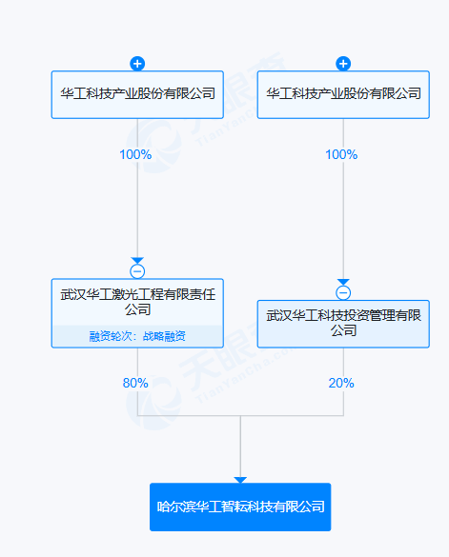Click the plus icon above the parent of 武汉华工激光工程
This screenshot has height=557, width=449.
tap(137, 64)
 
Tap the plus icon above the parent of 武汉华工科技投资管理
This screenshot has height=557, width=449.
tap(343, 64)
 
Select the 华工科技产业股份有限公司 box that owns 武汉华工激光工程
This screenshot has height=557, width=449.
tap(137, 94)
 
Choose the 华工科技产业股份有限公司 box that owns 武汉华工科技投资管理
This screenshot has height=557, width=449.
tap(343, 94)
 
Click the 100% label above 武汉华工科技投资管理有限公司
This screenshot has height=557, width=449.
tap(341, 154)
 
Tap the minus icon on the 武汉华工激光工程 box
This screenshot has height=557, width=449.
tap(137, 271)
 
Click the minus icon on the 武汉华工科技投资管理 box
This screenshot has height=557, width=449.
tap(343, 293)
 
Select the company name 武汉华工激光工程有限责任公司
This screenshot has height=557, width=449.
tap(137, 302)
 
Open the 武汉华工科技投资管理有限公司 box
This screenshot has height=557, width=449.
tap(343, 323)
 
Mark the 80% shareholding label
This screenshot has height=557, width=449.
tap(135, 383)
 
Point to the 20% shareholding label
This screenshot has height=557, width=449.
tap(341, 383)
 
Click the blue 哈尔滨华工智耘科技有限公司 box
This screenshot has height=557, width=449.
tap(240, 507)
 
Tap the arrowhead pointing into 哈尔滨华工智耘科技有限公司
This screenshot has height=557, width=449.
tap(240, 480)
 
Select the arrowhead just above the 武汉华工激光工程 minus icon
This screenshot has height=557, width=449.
tap(137, 260)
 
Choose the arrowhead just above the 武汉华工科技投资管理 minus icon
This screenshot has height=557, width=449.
tap(343, 282)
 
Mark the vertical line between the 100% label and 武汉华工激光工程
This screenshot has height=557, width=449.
tap(137, 209)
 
